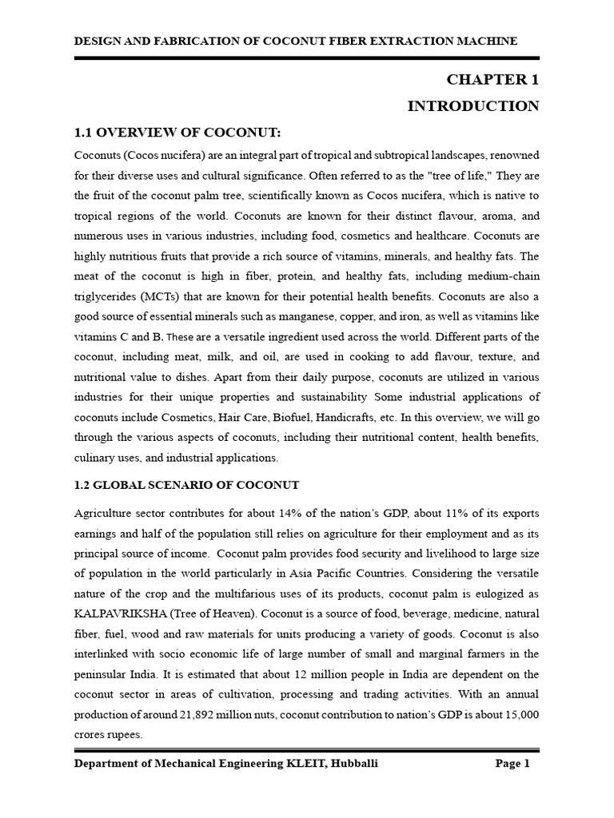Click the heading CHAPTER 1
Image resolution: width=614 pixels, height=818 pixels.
point(492,80)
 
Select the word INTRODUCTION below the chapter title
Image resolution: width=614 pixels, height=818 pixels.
point(473,106)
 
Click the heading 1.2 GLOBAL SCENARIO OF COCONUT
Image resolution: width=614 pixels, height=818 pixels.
point(186,486)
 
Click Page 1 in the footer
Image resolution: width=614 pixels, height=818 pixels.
point(513,764)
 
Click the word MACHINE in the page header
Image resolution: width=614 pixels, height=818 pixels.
point(490,41)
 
